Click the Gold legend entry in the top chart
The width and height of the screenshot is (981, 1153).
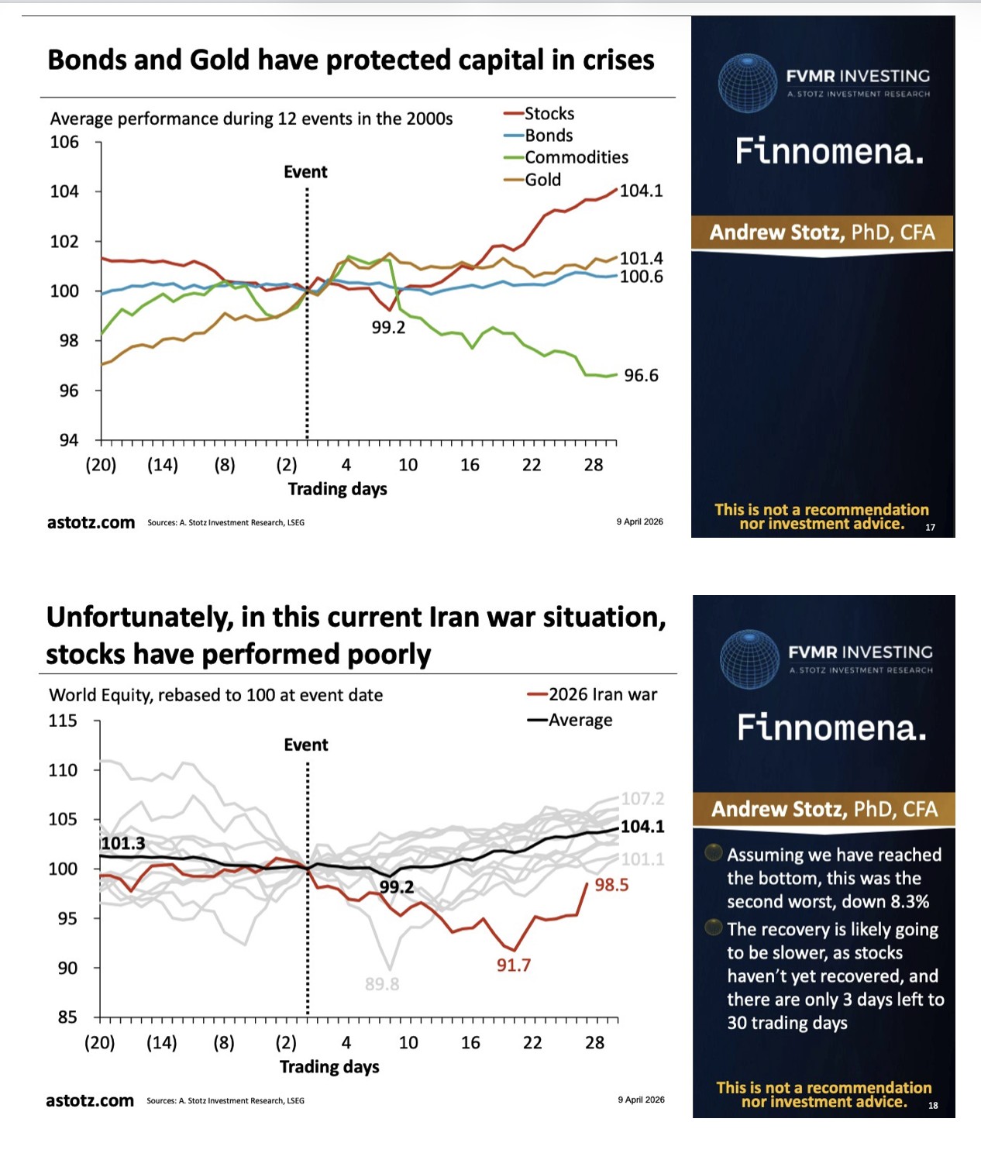542,180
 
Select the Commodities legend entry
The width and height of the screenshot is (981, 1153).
576,157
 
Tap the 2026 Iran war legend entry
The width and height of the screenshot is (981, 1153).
602,694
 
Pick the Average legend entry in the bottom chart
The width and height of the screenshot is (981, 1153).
580,720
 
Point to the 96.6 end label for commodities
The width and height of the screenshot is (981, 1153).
641,376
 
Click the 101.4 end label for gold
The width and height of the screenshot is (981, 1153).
641,258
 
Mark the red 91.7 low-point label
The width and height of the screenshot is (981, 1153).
514,965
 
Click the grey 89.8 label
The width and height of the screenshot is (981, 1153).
382,984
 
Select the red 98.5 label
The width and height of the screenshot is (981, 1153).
611,885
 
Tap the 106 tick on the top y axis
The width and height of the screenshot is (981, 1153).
64,142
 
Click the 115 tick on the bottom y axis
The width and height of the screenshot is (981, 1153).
63,721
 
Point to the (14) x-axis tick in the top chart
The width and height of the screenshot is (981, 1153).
163,465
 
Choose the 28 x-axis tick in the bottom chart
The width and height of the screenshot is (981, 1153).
594,1043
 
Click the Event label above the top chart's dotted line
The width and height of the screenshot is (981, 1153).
305,172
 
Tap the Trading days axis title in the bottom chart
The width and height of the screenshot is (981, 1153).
329,1067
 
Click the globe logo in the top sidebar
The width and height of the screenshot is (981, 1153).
747,83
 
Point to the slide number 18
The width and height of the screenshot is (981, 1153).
933,1106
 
